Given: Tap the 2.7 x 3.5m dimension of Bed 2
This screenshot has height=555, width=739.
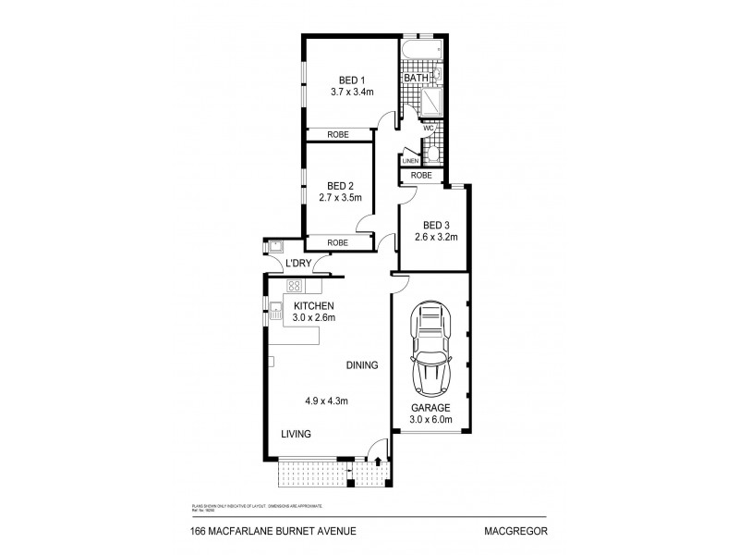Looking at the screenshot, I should tap(339, 198).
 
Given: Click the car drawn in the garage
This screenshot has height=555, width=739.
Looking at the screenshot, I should tap(430, 349).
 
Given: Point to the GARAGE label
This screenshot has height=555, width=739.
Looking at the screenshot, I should tap(430, 407).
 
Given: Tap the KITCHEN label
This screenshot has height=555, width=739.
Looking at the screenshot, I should tap(313, 306).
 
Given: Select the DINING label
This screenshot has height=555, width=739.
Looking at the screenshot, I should tap(363, 365).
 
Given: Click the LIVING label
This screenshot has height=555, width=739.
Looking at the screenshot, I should tap(297, 434).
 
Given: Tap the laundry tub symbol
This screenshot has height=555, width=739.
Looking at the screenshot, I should tap(275, 245).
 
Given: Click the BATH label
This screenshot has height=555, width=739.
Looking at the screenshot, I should tap(416, 79).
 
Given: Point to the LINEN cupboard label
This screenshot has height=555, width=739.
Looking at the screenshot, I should tap(410, 160).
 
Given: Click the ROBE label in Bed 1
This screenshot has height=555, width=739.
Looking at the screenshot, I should tap(339, 134).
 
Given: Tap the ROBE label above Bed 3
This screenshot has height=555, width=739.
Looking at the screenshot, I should tap(421, 175).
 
